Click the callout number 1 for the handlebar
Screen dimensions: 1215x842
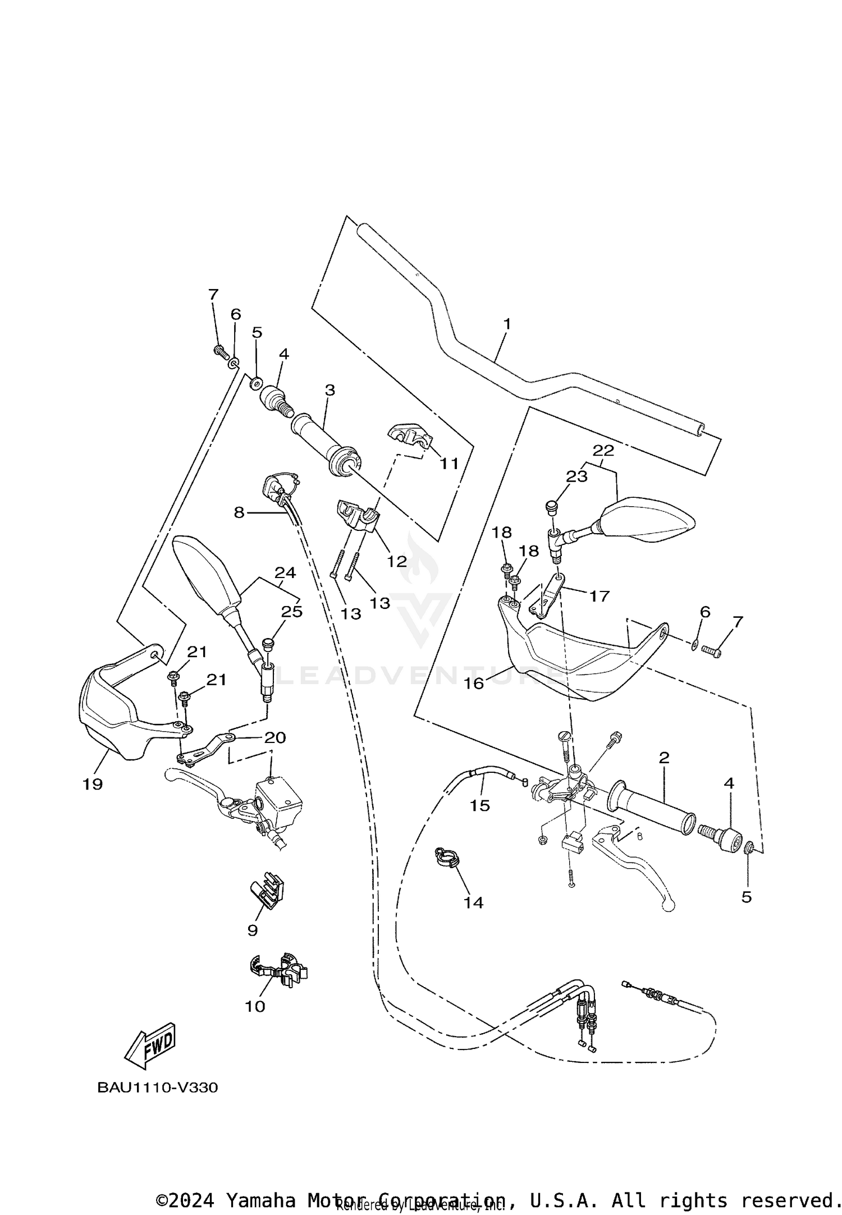click(506, 324)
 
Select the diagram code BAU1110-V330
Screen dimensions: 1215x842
click(158, 1088)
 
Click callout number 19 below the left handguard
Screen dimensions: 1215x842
click(93, 784)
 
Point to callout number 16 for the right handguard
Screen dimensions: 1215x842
click(474, 683)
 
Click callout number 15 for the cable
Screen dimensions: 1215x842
click(480, 805)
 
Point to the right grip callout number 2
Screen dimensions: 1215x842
click(664, 758)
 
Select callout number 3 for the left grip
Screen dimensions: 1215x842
click(330, 389)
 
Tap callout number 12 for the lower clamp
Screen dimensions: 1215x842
click(397, 561)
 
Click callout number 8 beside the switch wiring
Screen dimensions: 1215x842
click(239, 512)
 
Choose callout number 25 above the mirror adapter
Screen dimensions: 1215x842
click(292, 611)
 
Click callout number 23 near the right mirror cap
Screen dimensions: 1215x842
click(576, 476)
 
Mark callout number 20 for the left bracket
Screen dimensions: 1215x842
click(275, 737)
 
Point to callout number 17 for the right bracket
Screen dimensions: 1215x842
click(600, 595)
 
